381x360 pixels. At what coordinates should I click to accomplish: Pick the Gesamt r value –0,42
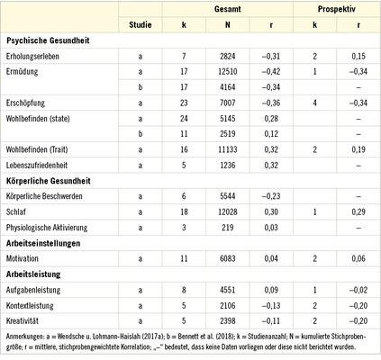[x=272, y=69]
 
